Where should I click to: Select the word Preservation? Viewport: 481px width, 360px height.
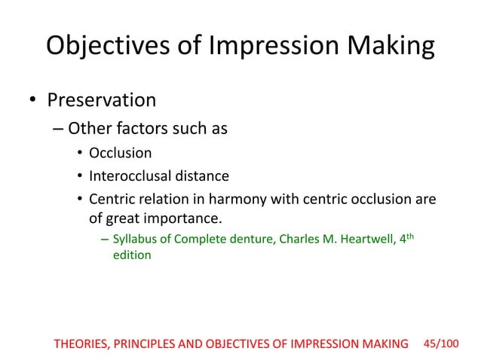tap(102, 99)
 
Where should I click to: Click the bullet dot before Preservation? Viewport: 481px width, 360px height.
tap(31, 100)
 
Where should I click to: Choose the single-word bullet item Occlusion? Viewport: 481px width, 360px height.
tap(121, 154)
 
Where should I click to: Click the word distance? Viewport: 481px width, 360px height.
tap(201, 177)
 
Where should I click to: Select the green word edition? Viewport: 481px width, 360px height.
tap(132, 256)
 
